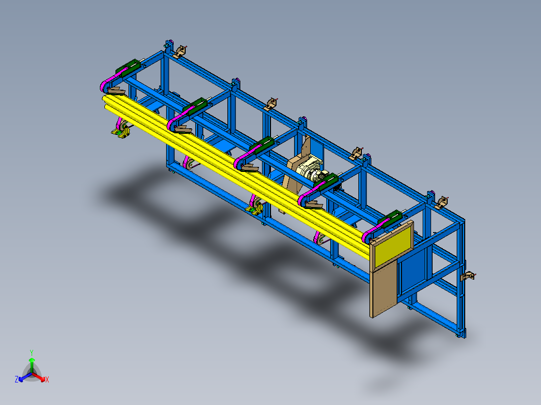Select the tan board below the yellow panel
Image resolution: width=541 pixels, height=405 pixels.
[x=384, y=290]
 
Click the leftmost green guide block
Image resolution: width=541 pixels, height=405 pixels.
[x=129, y=68]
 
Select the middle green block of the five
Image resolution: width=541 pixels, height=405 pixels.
[x=261, y=146]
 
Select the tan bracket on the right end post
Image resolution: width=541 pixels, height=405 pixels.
[x=469, y=276]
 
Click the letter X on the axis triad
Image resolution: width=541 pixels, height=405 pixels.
[x=47, y=380]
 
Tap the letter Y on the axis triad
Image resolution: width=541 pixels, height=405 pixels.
[x=31, y=352]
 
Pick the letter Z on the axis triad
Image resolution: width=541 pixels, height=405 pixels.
[x=17, y=380]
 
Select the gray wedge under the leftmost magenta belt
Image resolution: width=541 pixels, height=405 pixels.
[x=117, y=91]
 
